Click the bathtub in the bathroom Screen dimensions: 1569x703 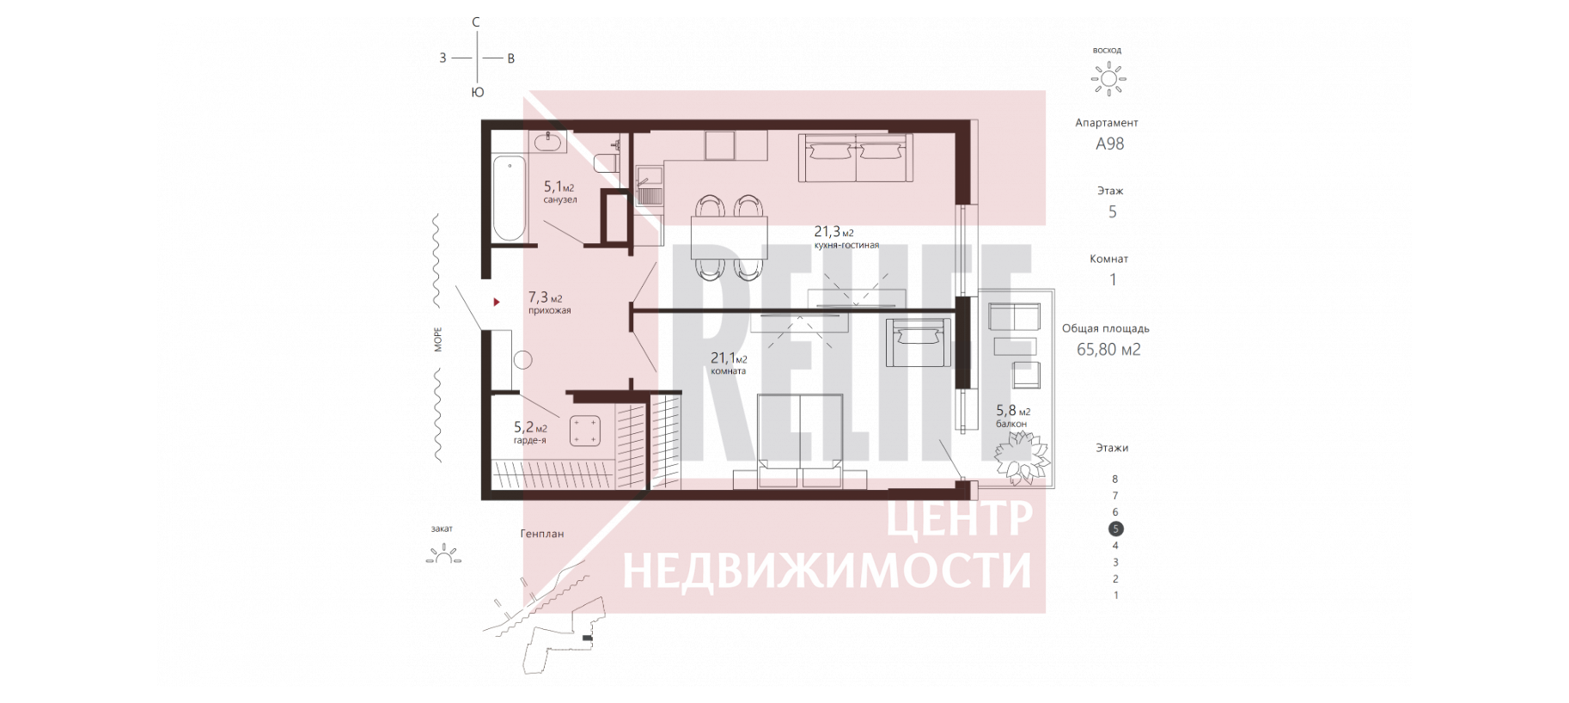pos(509,199)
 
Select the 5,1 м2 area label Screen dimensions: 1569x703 pos(559,186)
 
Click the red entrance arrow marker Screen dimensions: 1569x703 pos(496,303)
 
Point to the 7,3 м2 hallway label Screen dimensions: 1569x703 pos(545,297)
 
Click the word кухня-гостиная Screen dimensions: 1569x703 pos(846,245)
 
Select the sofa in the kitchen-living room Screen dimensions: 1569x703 pos(855,157)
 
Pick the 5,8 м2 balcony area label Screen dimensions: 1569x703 pos(1013,411)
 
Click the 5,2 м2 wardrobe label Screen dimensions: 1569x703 pos(530,427)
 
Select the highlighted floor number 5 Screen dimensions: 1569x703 pos(1115,529)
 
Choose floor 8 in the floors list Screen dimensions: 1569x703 pos(1115,479)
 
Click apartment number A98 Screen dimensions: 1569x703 pos(1109,144)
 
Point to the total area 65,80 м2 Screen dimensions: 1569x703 pos(1108,349)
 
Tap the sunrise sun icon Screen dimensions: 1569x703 pos(1108,79)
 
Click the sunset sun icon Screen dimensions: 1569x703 pos(443,554)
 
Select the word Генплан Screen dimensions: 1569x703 pos(542,534)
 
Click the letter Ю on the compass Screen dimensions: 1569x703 pos(478,93)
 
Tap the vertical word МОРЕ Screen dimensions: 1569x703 pos(438,339)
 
